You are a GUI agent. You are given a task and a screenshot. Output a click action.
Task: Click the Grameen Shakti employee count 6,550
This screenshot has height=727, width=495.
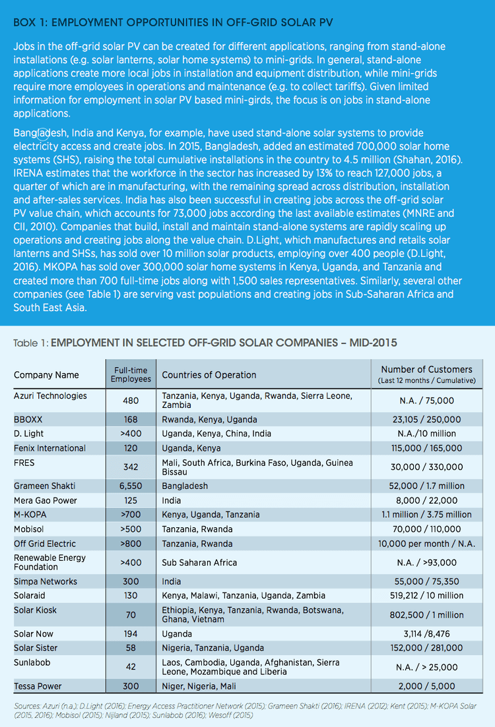[x=131, y=486]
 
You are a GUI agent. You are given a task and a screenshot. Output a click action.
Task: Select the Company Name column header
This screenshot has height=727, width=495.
[x=46, y=375]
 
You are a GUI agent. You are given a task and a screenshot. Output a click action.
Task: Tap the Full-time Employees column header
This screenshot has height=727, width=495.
[x=131, y=374]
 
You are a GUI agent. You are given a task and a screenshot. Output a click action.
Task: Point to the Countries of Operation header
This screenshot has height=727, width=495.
[x=209, y=375]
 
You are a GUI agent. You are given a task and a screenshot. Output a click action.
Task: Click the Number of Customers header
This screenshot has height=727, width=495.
[x=427, y=374]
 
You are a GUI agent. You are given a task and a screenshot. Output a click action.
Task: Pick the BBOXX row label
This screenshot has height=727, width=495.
[x=28, y=420]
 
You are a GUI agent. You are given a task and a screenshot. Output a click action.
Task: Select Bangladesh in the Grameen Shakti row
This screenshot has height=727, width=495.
[x=185, y=486]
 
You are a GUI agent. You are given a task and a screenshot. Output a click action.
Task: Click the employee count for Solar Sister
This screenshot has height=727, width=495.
[x=131, y=648]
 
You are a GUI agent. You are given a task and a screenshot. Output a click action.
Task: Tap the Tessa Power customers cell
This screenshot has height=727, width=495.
[x=427, y=686]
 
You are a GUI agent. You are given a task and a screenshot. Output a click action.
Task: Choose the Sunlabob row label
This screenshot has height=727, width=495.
[x=32, y=662]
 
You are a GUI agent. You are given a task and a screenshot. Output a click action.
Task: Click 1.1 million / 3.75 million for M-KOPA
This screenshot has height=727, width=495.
[x=427, y=515]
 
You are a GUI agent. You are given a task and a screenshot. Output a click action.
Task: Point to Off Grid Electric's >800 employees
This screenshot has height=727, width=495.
[x=131, y=543]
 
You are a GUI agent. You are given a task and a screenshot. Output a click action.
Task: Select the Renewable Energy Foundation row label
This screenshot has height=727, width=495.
[x=49, y=562]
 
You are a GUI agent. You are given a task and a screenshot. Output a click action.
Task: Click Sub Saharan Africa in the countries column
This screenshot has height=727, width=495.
[x=199, y=562]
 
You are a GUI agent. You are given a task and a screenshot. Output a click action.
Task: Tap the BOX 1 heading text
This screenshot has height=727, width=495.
[x=173, y=22]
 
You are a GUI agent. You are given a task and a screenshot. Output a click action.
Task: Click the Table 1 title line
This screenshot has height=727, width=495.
[x=205, y=343]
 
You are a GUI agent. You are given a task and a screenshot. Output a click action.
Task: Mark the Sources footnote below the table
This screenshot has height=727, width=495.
[x=245, y=711]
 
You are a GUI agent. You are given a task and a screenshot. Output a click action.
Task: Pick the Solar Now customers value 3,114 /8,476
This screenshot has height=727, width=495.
[x=427, y=634]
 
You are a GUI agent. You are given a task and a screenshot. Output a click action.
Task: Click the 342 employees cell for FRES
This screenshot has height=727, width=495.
[x=131, y=467]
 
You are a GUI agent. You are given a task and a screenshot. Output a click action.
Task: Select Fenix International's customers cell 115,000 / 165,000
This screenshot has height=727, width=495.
[x=427, y=448]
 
